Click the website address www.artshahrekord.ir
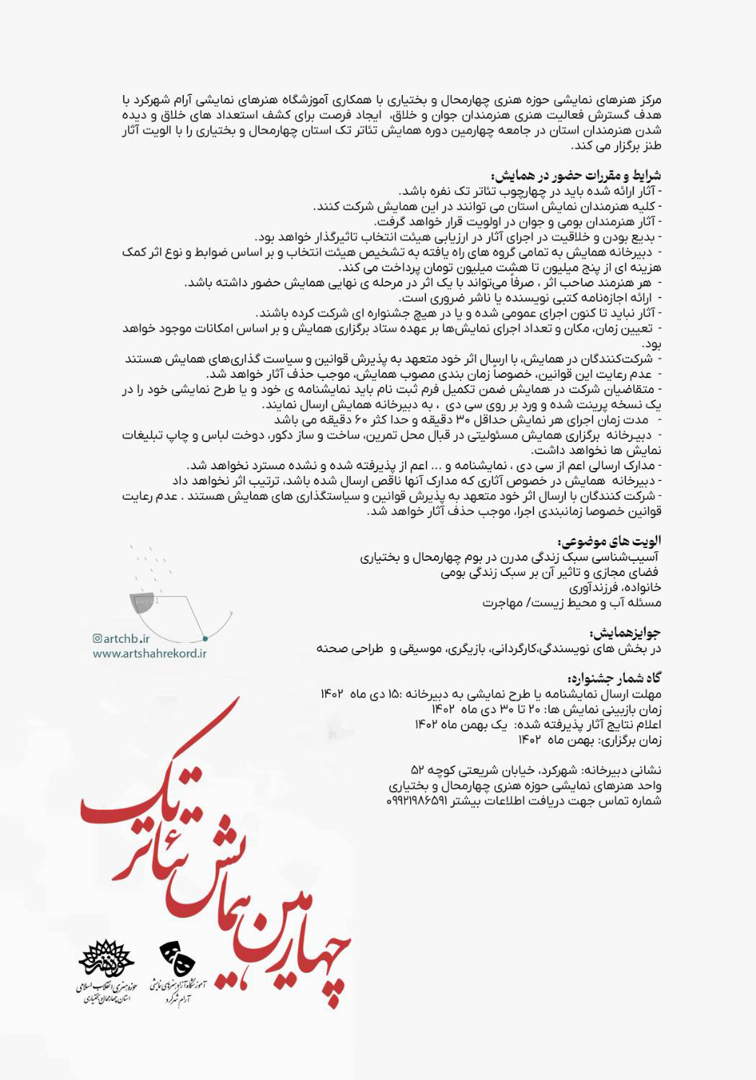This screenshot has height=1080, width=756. tap(149, 653)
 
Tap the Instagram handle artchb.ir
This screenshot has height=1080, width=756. tap(126, 638)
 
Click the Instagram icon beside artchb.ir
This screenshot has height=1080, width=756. tap(97, 638)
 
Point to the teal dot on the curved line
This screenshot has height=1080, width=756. tap(205, 638)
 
